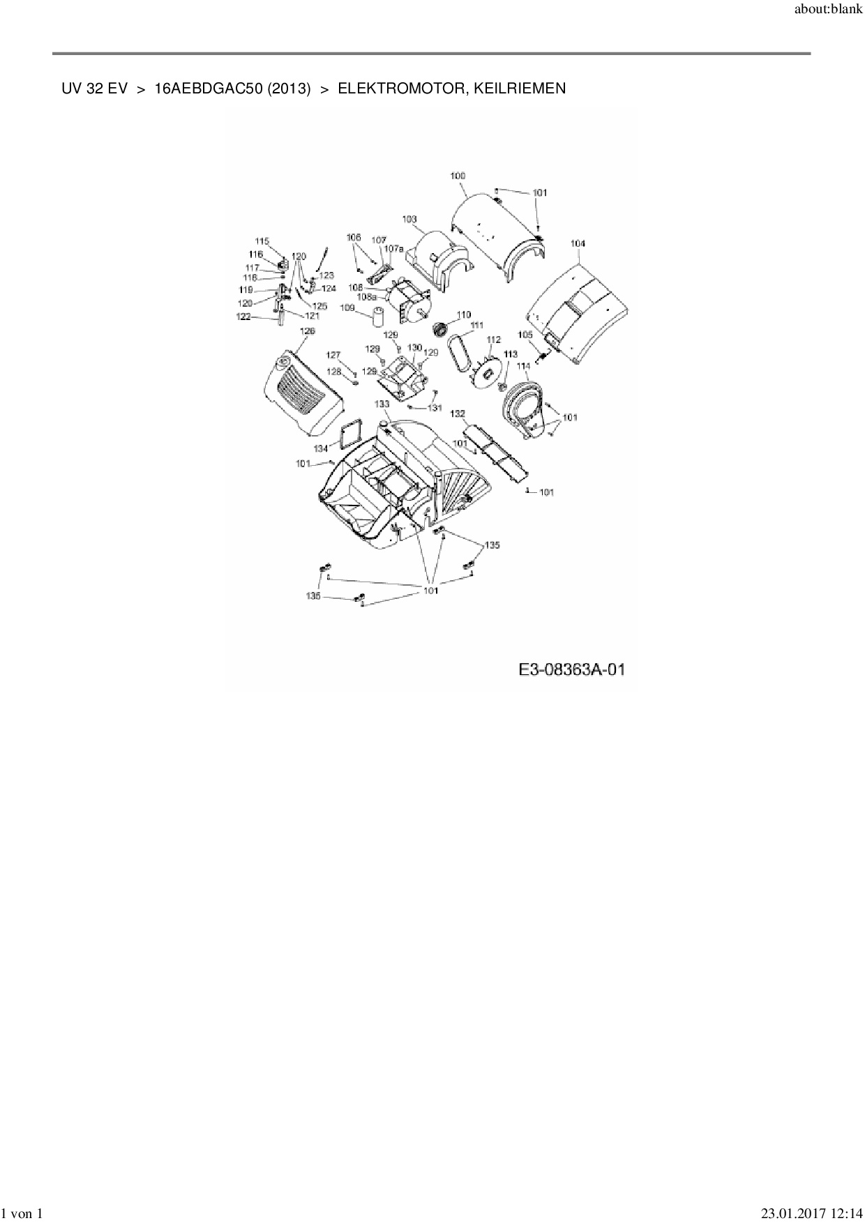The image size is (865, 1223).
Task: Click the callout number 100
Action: (x=458, y=176)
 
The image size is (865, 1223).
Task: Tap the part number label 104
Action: (x=578, y=243)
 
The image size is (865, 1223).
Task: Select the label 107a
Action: (x=394, y=248)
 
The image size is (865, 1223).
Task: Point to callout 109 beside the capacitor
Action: (x=347, y=307)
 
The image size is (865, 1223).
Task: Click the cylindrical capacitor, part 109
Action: (x=379, y=318)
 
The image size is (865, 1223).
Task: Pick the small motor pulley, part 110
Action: (x=439, y=328)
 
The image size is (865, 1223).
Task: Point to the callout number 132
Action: (x=458, y=413)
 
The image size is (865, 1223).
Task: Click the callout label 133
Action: (x=382, y=404)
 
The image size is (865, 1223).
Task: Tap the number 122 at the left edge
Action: (x=243, y=317)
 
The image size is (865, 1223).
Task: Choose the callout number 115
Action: (x=262, y=241)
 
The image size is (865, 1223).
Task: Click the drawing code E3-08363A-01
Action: (x=571, y=670)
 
